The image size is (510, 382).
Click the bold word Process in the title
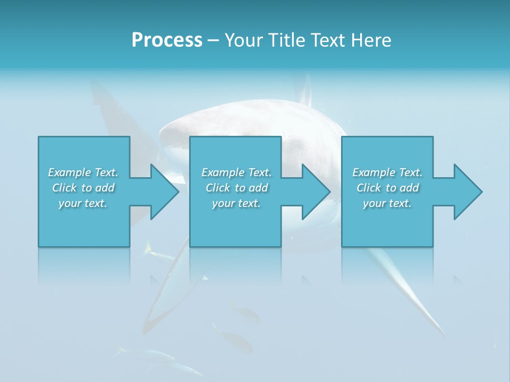pos(167,40)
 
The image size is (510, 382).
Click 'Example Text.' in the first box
pos(83,172)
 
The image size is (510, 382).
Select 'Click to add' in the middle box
pos(236,188)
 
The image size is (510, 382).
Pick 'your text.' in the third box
pos(387,203)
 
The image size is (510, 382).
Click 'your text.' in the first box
pos(83,203)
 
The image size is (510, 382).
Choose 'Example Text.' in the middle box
pos(236,172)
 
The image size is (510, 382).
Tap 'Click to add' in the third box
pos(387,188)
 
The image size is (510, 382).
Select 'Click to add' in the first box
pos(83,188)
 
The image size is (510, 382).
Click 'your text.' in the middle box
pos(236,203)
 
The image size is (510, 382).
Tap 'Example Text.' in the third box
pos(387,172)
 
